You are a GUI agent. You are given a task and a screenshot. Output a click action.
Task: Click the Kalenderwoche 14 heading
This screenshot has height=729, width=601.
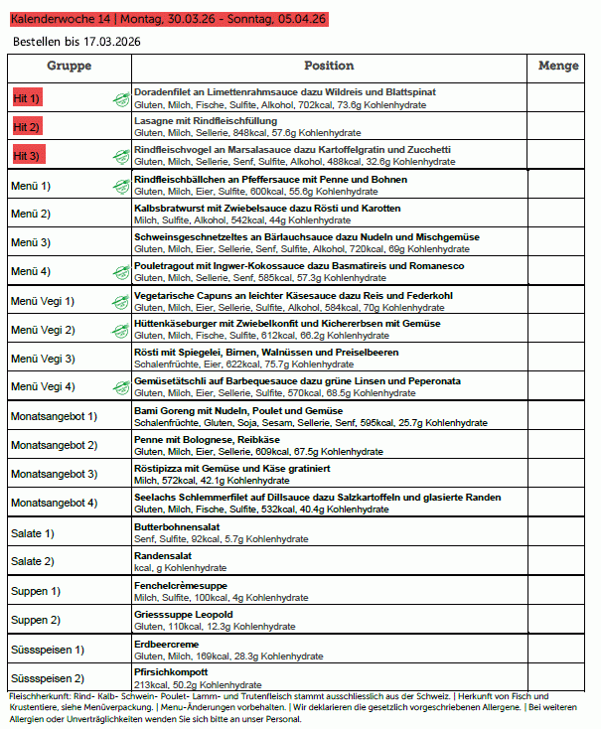[167, 19]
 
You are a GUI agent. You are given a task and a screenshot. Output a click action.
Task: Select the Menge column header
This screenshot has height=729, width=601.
[557, 66]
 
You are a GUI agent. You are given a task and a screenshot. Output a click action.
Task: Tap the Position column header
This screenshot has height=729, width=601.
[329, 66]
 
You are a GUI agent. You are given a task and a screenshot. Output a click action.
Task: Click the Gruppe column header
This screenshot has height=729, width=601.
[69, 66]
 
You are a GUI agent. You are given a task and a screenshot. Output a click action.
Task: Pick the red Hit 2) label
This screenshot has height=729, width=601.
[27, 127]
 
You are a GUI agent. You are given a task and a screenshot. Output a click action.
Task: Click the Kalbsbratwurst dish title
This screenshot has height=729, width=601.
[267, 208]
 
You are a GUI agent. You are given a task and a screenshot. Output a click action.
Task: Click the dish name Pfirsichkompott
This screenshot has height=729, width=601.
[171, 671]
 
